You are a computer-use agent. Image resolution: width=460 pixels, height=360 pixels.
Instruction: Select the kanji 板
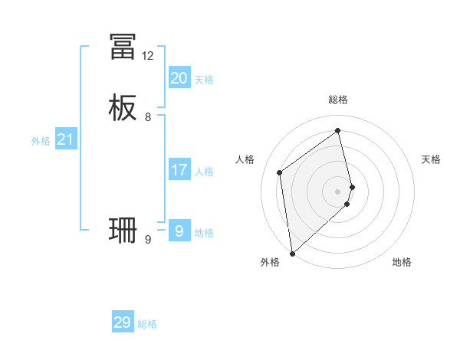123,108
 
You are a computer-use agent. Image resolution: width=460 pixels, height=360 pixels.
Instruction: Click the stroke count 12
148,56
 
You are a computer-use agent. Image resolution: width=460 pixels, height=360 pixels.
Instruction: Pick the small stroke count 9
148,240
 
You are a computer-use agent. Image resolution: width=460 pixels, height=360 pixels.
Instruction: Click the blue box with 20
179,77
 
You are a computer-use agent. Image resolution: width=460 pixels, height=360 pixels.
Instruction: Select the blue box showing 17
179,170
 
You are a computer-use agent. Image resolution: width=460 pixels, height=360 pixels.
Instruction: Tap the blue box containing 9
179,231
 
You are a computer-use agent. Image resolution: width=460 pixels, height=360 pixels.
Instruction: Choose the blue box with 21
66,139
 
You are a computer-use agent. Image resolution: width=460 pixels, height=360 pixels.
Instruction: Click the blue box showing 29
123,322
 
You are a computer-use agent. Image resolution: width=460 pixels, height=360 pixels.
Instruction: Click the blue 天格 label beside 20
204,79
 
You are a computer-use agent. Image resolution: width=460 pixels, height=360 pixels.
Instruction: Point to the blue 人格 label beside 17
204,172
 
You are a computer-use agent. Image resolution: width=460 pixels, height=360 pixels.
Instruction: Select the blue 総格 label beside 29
147,324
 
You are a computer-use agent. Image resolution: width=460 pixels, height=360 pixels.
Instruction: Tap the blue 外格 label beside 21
41,141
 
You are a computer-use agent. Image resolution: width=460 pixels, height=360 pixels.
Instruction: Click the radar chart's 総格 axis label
338,100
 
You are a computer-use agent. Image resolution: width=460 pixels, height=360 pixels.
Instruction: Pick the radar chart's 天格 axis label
431,159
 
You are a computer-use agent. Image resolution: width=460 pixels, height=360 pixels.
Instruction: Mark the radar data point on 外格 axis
291,254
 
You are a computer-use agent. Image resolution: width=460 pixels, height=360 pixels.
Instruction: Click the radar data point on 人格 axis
280,172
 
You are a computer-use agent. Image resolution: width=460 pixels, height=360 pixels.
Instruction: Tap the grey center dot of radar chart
338,191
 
